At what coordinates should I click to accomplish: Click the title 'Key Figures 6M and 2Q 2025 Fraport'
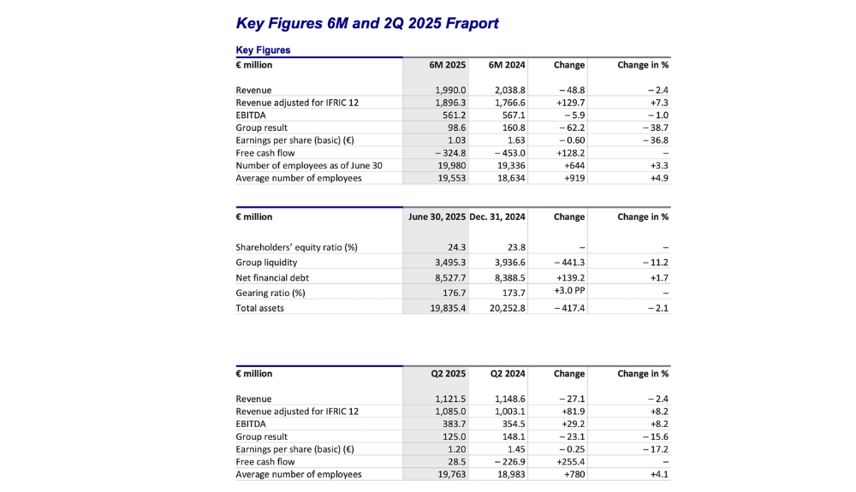tap(366, 23)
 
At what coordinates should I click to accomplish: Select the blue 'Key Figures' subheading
tap(263, 50)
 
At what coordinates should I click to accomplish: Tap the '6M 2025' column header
tap(448, 65)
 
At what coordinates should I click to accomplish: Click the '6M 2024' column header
tap(507, 65)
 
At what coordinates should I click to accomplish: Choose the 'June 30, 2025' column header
tap(436, 217)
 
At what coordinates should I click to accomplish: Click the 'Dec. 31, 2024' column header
tap(497, 217)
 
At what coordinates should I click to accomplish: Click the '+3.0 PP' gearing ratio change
tap(568, 292)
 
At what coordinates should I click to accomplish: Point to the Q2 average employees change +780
tap(572, 474)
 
